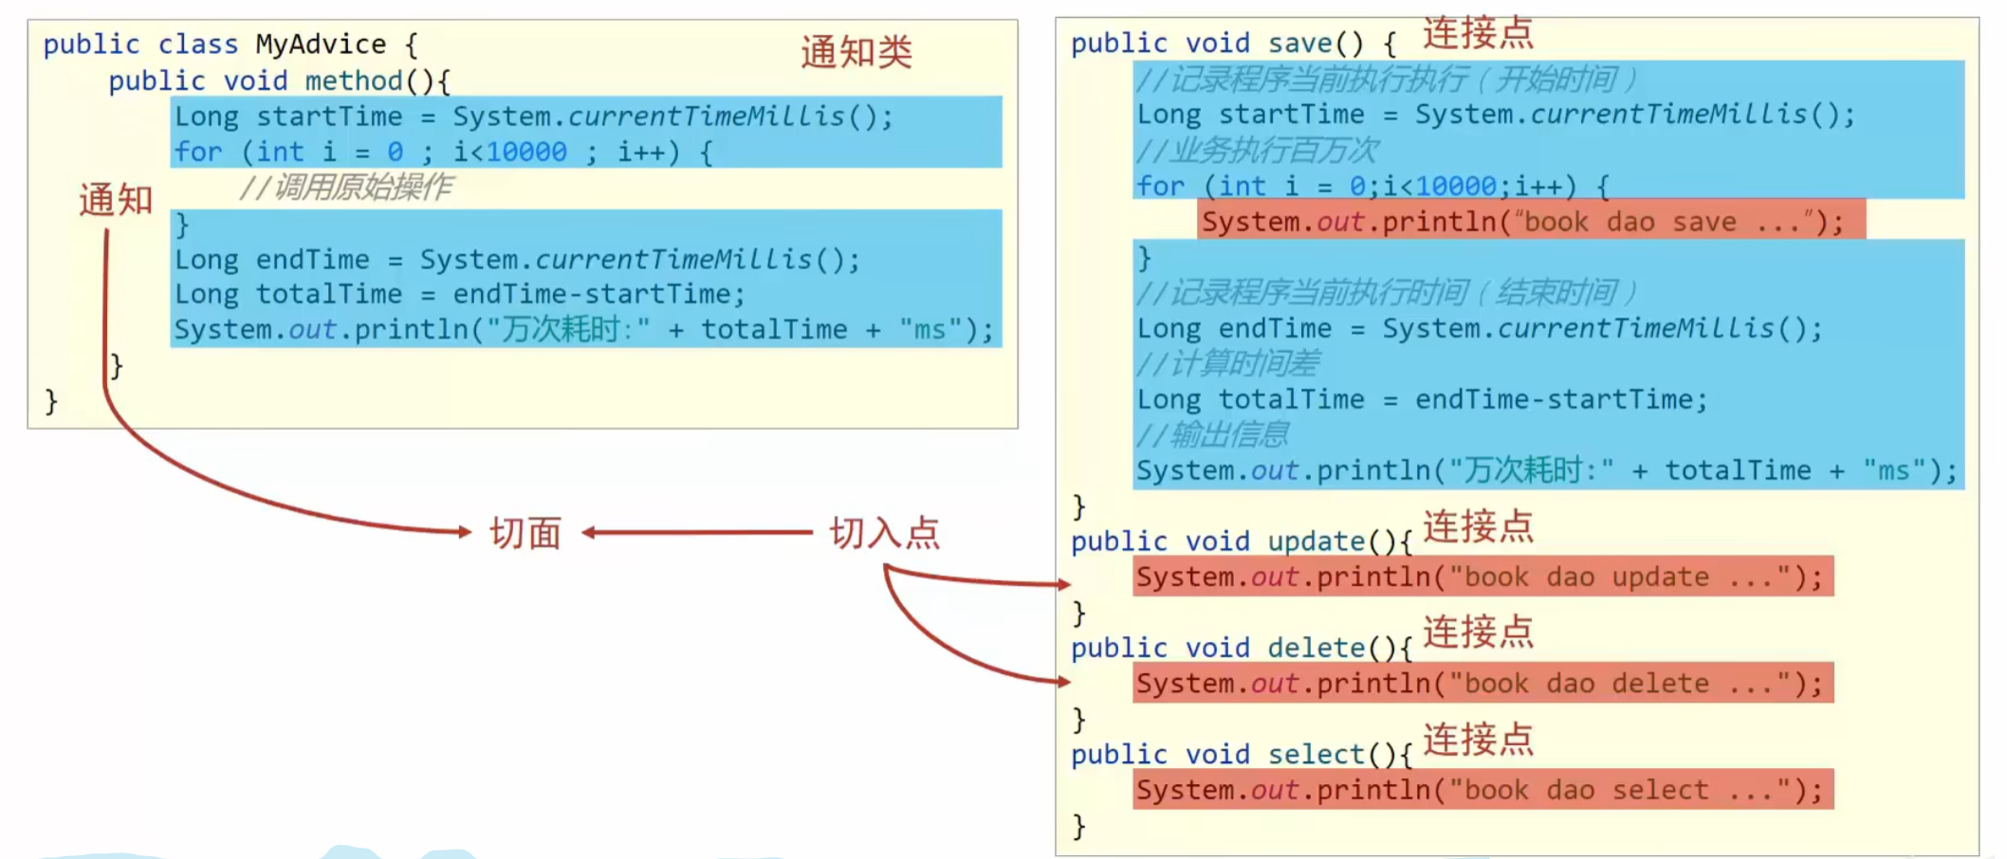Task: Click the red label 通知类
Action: click(856, 52)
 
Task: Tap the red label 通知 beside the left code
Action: click(116, 200)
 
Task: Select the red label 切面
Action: click(525, 534)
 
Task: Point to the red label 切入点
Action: click(884, 534)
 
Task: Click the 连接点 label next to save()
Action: click(1478, 33)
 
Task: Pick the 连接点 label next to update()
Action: click(1478, 527)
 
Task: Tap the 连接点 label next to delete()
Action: click(1478, 632)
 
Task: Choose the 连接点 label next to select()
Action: click(1478, 740)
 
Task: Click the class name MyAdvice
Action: click(321, 45)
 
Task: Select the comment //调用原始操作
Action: click(346, 188)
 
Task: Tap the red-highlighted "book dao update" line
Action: click(1482, 576)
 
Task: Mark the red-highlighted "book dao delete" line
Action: click(1482, 684)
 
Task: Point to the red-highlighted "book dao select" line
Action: click(1482, 790)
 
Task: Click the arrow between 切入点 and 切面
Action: click(697, 533)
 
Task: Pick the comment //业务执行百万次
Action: click(1257, 150)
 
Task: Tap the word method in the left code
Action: click(354, 81)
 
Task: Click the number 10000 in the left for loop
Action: click(526, 152)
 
